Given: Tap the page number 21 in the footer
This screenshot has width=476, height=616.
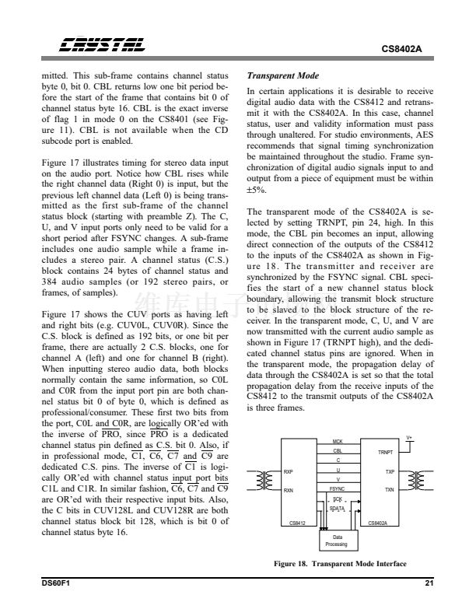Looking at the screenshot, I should coord(429,584).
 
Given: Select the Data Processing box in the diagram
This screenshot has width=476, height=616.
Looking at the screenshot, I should coord(336,540).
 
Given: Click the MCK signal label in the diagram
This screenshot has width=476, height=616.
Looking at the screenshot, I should coord(337,441).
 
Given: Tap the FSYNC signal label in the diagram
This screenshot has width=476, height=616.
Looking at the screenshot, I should coord(337,489).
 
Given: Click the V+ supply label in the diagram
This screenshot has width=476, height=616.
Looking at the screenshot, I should coord(410,438).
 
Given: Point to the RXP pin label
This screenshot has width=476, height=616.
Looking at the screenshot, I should coord(289,471).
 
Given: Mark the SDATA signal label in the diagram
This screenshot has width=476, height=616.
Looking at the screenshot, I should coord(337,509).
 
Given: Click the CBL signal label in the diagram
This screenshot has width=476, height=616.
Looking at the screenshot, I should coord(337,450).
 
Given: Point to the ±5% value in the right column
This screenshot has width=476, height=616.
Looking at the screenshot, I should coord(254,190).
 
